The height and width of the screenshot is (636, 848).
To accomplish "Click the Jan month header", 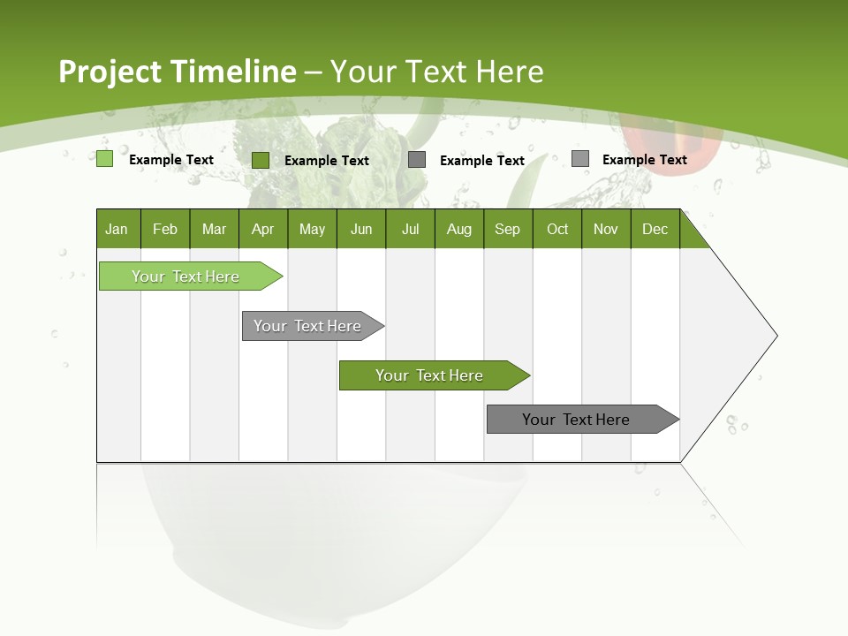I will click(x=117, y=230).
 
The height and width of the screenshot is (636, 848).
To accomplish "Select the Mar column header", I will click(x=214, y=230).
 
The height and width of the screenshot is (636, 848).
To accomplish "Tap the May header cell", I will click(x=312, y=230).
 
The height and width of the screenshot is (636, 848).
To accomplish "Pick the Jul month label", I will click(x=410, y=230).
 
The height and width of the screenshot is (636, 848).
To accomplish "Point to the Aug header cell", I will click(x=458, y=230).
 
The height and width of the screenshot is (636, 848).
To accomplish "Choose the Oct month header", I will click(x=557, y=230).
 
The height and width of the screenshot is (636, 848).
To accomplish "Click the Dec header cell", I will click(x=655, y=230).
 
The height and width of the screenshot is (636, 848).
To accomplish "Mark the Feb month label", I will click(x=165, y=230).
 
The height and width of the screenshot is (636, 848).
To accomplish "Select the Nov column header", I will click(x=606, y=230).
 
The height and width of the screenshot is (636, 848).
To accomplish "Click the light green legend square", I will click(x=104, y=159).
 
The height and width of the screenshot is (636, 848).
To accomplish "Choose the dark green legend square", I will click(x=261, y=160).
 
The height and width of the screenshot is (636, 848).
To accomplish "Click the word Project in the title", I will click(x=110, y=72).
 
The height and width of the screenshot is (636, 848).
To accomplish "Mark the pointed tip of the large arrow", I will click(x=776, y=336).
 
